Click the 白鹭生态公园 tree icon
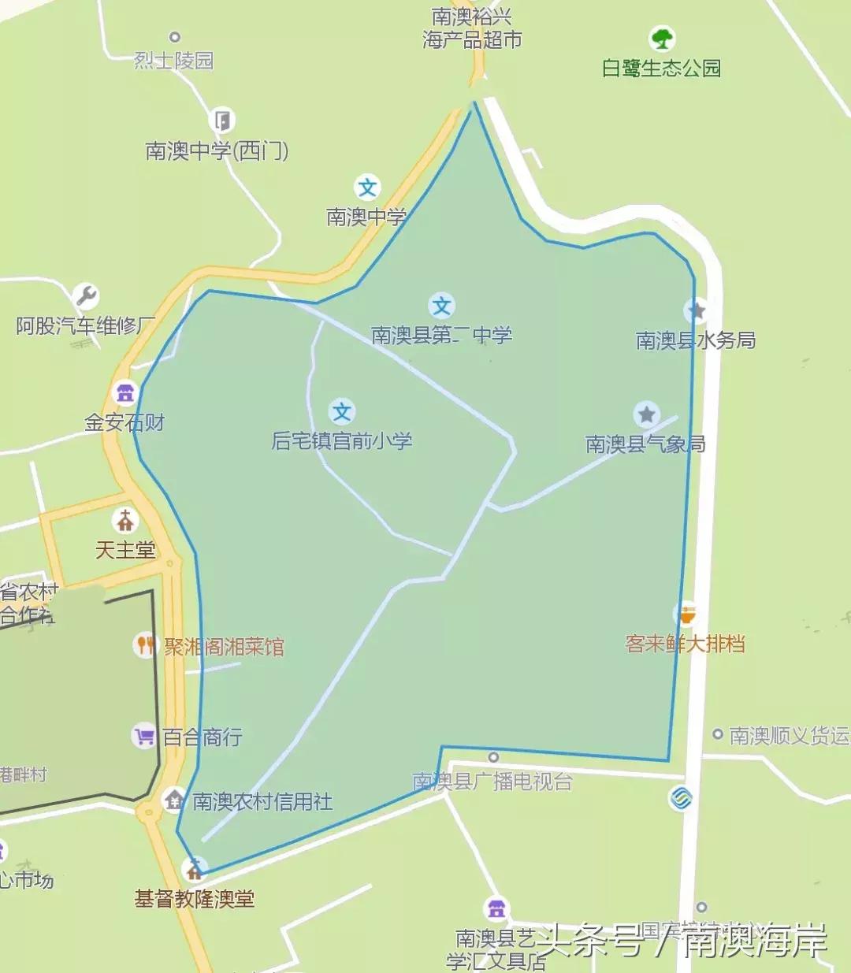coord(662,38)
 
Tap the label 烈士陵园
coord(173,61)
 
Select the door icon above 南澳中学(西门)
coord(222,121)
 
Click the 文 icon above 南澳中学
coord(367,188)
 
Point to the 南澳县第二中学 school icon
coord(441,306)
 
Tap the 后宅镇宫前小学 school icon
coord(341,411)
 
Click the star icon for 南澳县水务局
coord(697,310)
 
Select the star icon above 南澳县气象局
coord(646,414)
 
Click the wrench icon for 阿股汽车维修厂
coord(86,296)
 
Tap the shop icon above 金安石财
coord(124,392)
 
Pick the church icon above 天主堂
coord(124,520)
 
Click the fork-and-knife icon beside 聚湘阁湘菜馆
coord(144,645)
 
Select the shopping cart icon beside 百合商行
coord(144,737)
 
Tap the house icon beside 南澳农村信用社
coord(174,800)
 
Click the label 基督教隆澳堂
coord(195,899)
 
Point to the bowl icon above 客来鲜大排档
coord(687,614)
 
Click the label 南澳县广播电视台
coord(492,781)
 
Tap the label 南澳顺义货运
coord(789,735)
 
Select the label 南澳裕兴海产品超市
coord(472,28)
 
